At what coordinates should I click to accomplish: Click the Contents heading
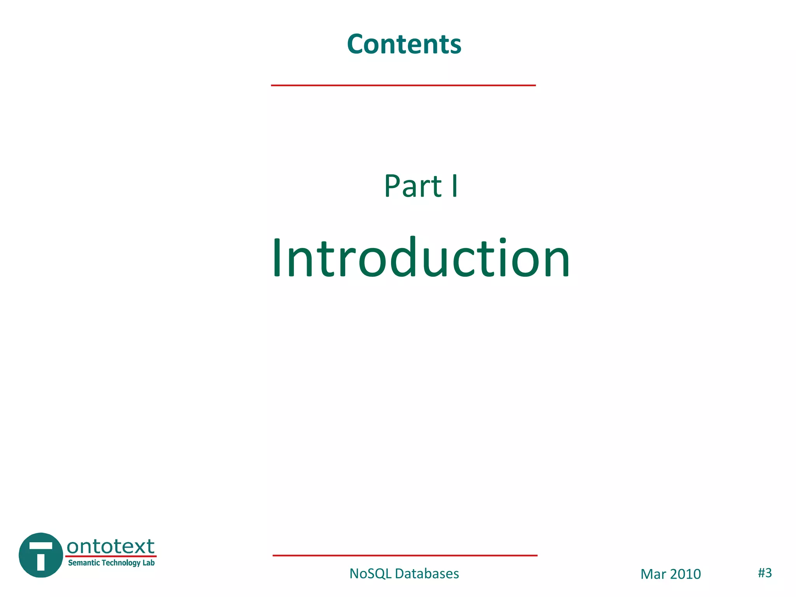click(x=404, y=44)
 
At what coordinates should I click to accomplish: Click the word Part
click(x=413, y=186)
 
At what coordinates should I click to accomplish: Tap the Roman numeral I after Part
click(x=454, y=186)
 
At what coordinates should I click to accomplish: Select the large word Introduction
click(x=421, y=258)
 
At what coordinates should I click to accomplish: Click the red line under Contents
click(x=403, y=85)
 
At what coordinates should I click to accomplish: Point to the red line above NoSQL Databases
click(x=405, y=555)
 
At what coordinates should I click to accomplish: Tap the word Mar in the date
click(x=653, y=574)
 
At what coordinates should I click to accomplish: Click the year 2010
click(x=685, y=574)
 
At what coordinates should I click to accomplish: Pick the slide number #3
click(x=765, y=573)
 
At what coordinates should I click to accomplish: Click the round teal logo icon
click(x=41, y=555)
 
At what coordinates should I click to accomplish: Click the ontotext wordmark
click(x=111, y=546)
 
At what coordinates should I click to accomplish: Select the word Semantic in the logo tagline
click(x=84, y=563)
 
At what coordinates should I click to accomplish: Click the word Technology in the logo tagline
click(x=120, y=563)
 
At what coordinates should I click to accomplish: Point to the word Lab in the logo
click(x=148, y=563)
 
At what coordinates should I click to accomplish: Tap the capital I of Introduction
click(x=276, y=258)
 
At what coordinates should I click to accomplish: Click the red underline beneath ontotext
click(x=111, y=556)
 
